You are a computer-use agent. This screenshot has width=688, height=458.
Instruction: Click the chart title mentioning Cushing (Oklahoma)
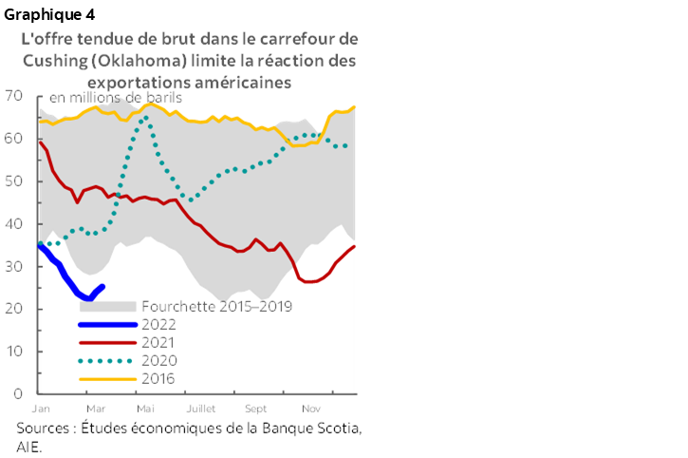pos(190,60)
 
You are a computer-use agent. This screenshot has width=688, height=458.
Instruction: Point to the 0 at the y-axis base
pos(16,392)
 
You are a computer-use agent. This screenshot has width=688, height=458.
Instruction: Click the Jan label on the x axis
pos(40,408)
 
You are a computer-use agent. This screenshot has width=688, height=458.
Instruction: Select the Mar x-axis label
pos(95,408)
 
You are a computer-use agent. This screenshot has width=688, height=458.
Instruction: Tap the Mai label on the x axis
pos(146,408)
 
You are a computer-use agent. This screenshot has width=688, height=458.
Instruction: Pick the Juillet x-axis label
pos(200,408)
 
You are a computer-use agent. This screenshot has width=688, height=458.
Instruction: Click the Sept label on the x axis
pos(255,408)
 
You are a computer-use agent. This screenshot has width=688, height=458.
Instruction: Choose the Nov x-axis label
pos(309,408)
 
